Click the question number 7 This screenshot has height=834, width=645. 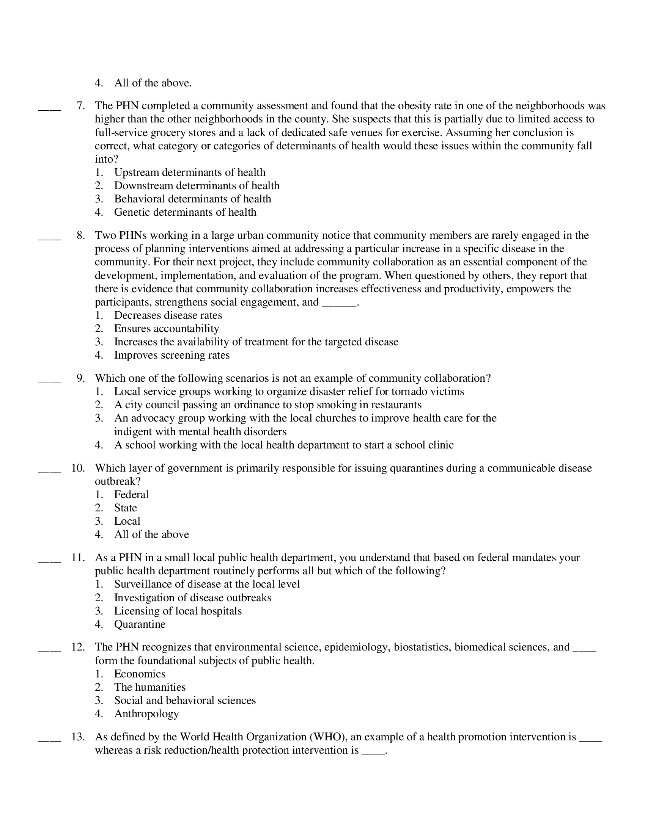pyautogui.click(x=80, y=106)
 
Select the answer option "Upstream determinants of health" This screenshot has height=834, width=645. pyautogui.click(x=190, y=172)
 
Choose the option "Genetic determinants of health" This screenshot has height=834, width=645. pyautogui.click(x=185, y=212)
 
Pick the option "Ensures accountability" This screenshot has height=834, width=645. pyautogui.click(x=166, y=329)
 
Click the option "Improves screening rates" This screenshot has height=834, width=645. pyautogui.click(x=171, y=356)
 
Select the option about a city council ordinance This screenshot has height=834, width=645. pyautogui.click(x=267, y=405)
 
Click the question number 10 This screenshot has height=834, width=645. pyautogui.click(x=78, y=468)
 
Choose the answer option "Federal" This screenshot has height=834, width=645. pyautogui.click(x=131, y=495)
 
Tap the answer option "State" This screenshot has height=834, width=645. pyautogui.click(x=125, y=508)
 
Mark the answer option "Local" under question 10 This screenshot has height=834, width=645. pyautogui.click(x=127, y=521)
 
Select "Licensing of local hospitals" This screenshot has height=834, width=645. pyautogui.click(x=178, y=611)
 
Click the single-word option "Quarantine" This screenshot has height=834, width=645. pyautogui.click(x=140, y=624)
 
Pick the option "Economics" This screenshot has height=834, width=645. pyautogui.click(x=140, y=674)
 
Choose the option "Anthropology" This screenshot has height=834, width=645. pyautogui.click(x=146, y=714)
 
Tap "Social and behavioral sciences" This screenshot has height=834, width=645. pyautogui.click(x=184, y=700)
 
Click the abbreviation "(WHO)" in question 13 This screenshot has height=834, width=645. pyautogui.click(x=328, y=737)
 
